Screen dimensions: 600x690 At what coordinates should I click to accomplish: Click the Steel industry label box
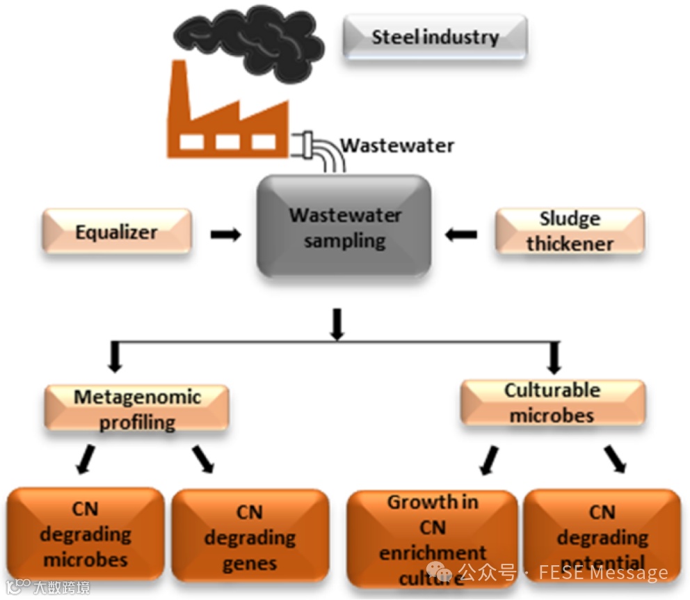(435, 37)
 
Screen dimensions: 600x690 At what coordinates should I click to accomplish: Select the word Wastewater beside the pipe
(397, 145)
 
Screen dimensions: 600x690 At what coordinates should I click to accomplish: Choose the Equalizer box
(117, 231)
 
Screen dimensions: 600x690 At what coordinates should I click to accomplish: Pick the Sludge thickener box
(570, 231)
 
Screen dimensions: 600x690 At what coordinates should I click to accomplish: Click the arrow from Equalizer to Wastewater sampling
(225, 235)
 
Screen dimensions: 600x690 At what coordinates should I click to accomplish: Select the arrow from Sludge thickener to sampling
(461, 235)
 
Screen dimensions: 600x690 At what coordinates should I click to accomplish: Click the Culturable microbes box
(553, 402)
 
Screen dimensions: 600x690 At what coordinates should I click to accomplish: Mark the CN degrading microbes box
(86, 534)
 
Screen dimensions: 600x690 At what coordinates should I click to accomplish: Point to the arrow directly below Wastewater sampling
(337, 324)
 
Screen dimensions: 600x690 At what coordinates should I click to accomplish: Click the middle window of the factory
(227, 141)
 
